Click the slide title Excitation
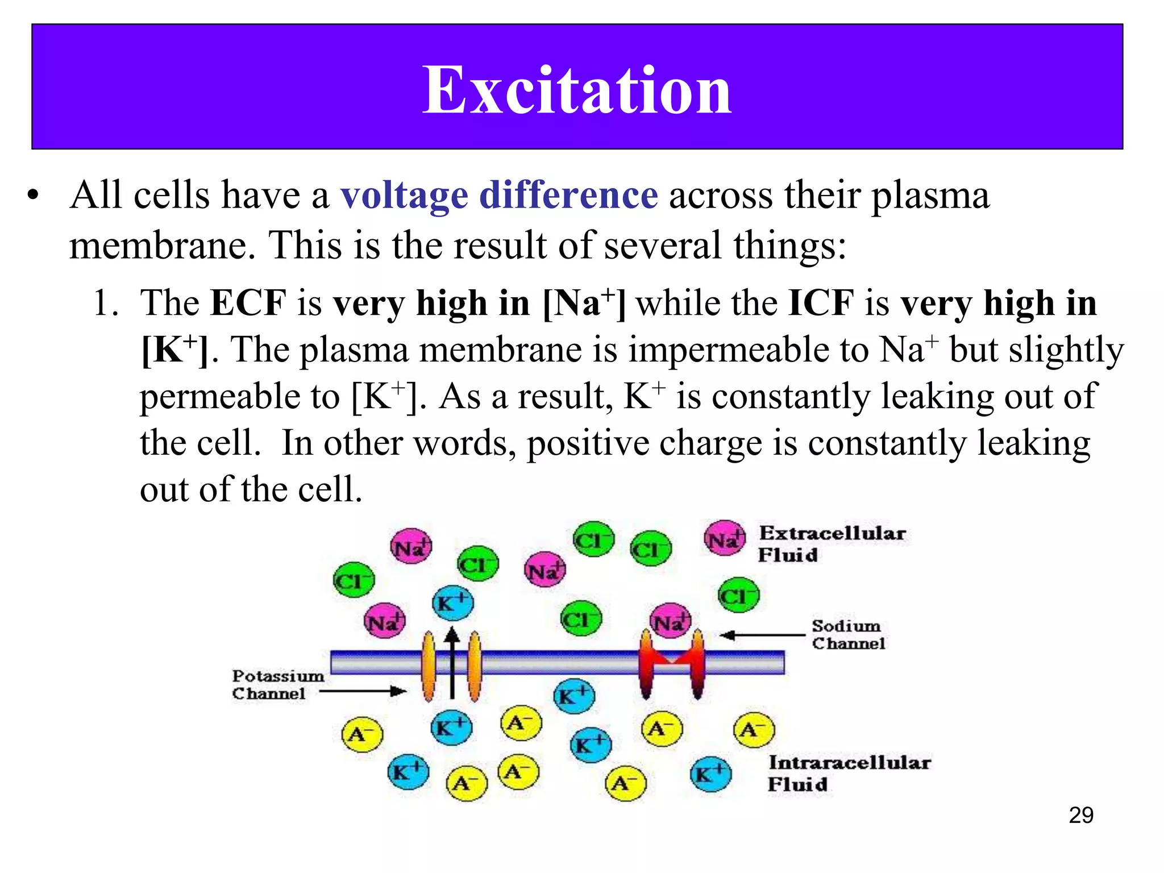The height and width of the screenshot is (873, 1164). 576,90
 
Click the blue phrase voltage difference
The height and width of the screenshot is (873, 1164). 499,195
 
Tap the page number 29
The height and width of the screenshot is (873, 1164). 1080,815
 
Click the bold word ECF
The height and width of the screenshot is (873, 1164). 248,302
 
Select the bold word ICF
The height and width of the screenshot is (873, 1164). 821,302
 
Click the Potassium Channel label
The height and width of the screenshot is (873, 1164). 277,684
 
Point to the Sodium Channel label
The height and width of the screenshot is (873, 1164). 847,634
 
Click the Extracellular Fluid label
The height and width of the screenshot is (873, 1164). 832,543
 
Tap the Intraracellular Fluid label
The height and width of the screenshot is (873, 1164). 849,772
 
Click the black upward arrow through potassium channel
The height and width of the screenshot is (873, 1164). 452,662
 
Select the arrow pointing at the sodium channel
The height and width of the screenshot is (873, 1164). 762,635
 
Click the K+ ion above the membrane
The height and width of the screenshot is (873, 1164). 452,602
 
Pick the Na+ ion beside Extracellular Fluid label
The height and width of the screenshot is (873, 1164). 724,538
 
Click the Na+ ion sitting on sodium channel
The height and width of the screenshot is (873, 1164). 671,621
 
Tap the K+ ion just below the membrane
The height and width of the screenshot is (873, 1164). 574,696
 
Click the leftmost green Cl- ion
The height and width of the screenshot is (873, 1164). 354,580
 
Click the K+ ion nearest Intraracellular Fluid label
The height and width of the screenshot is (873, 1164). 710,774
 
